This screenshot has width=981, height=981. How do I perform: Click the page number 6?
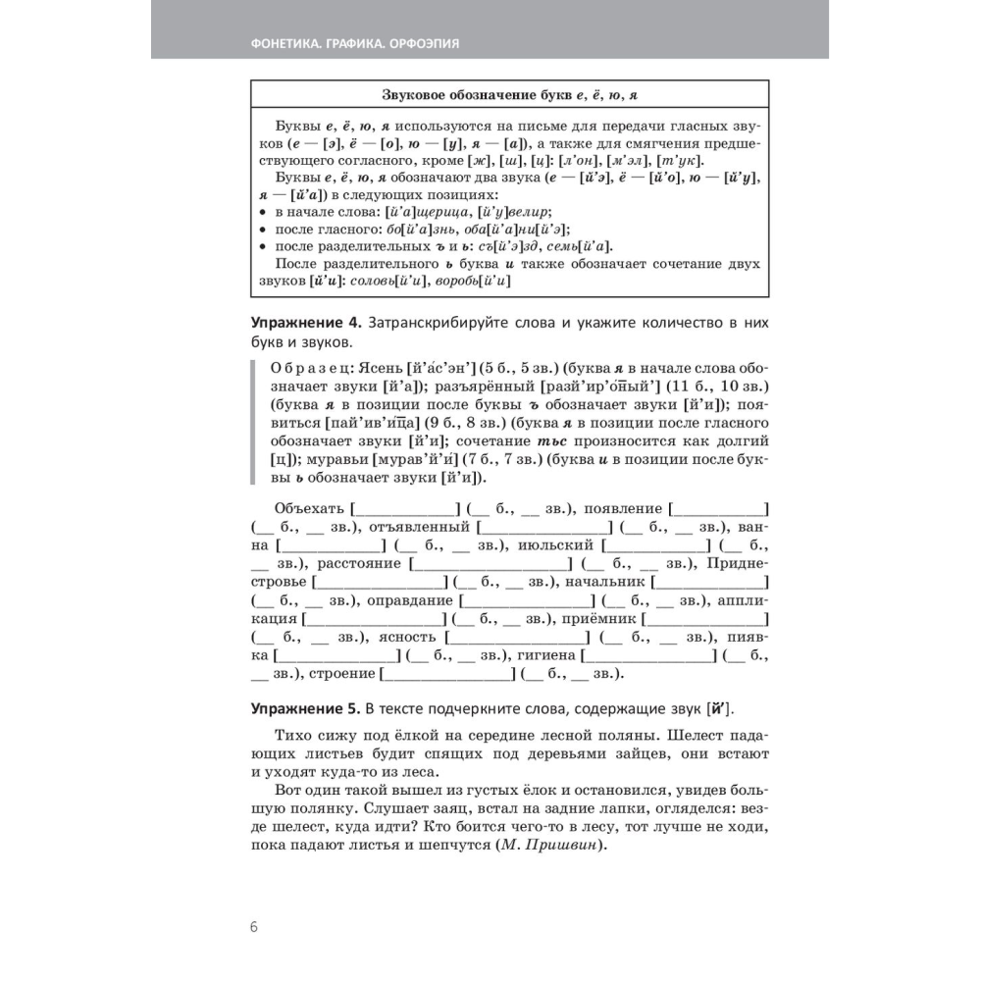[x=254, y=927]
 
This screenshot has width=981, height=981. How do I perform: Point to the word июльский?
[x=555, y=544]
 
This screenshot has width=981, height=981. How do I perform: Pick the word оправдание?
[x=409, y=600]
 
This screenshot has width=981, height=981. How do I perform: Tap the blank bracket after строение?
[x=447, y=674]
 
